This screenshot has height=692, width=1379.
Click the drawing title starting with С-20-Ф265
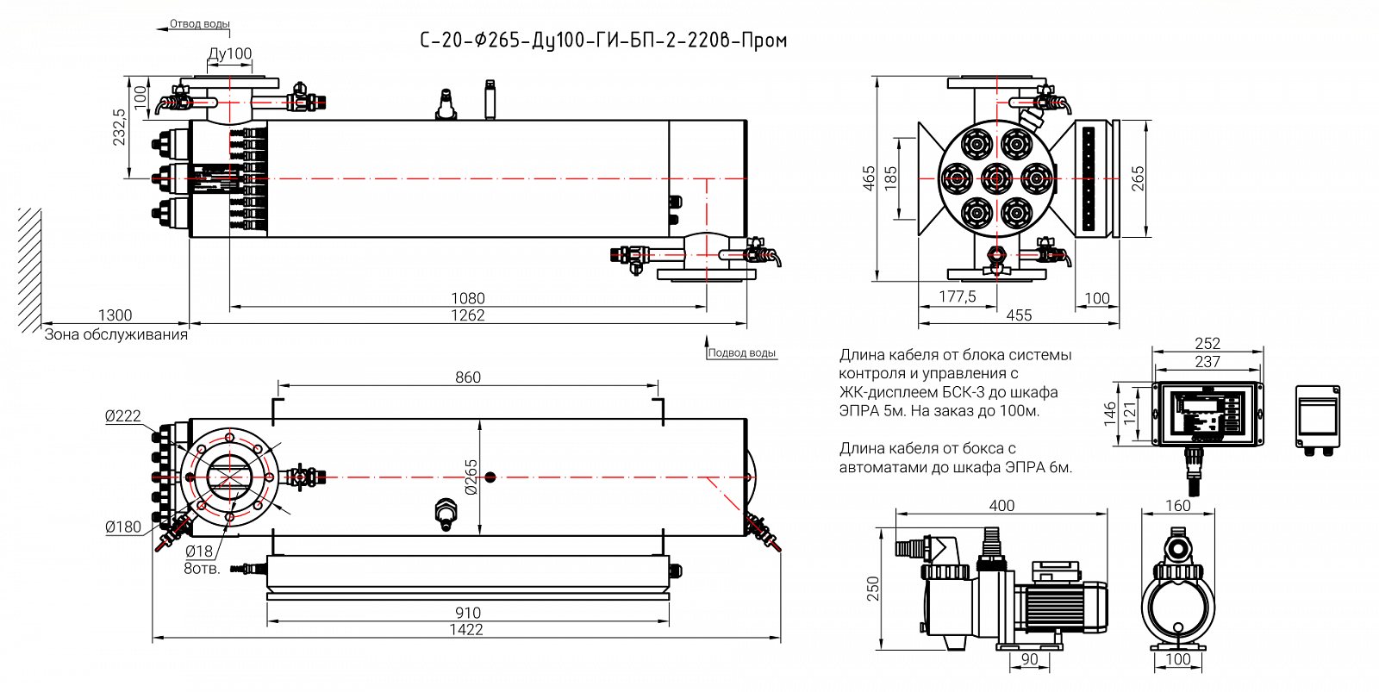click(x=603, y=41)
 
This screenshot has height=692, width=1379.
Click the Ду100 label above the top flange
click(x=230, y=53)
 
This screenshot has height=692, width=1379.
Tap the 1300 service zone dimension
click(x=115, y=315)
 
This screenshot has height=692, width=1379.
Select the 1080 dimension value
click(x=468, y=298)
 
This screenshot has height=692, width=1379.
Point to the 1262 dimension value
click(x=468, y=315)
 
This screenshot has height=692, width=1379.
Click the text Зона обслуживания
click(x=116, y=334)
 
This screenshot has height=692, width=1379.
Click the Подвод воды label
click(x=741, y=352)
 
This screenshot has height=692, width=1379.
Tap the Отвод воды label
click(x=200, y=24)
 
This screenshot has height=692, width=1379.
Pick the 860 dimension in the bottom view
click(x=468, y=377)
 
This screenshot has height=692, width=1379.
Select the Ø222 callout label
click(x=122, y=416)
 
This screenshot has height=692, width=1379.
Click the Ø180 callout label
click(x=122, y=527)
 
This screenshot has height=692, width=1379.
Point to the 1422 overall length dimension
click(x=466, y=630)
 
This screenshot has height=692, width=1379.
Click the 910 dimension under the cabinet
click(x=468, y=613)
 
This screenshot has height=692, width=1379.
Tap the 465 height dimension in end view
click(x=869, y=178)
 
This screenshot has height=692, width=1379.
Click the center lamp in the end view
click(x=997, y=179)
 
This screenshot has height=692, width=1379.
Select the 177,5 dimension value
click(x=958, y=297)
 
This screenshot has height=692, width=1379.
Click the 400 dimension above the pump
click(x=1001, y=506)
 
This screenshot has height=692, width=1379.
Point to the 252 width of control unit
click(x=1207, y=344)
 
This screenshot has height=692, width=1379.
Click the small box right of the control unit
click(x=1318, y=417)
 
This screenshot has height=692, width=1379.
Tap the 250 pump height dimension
click(x=873, y=589)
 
